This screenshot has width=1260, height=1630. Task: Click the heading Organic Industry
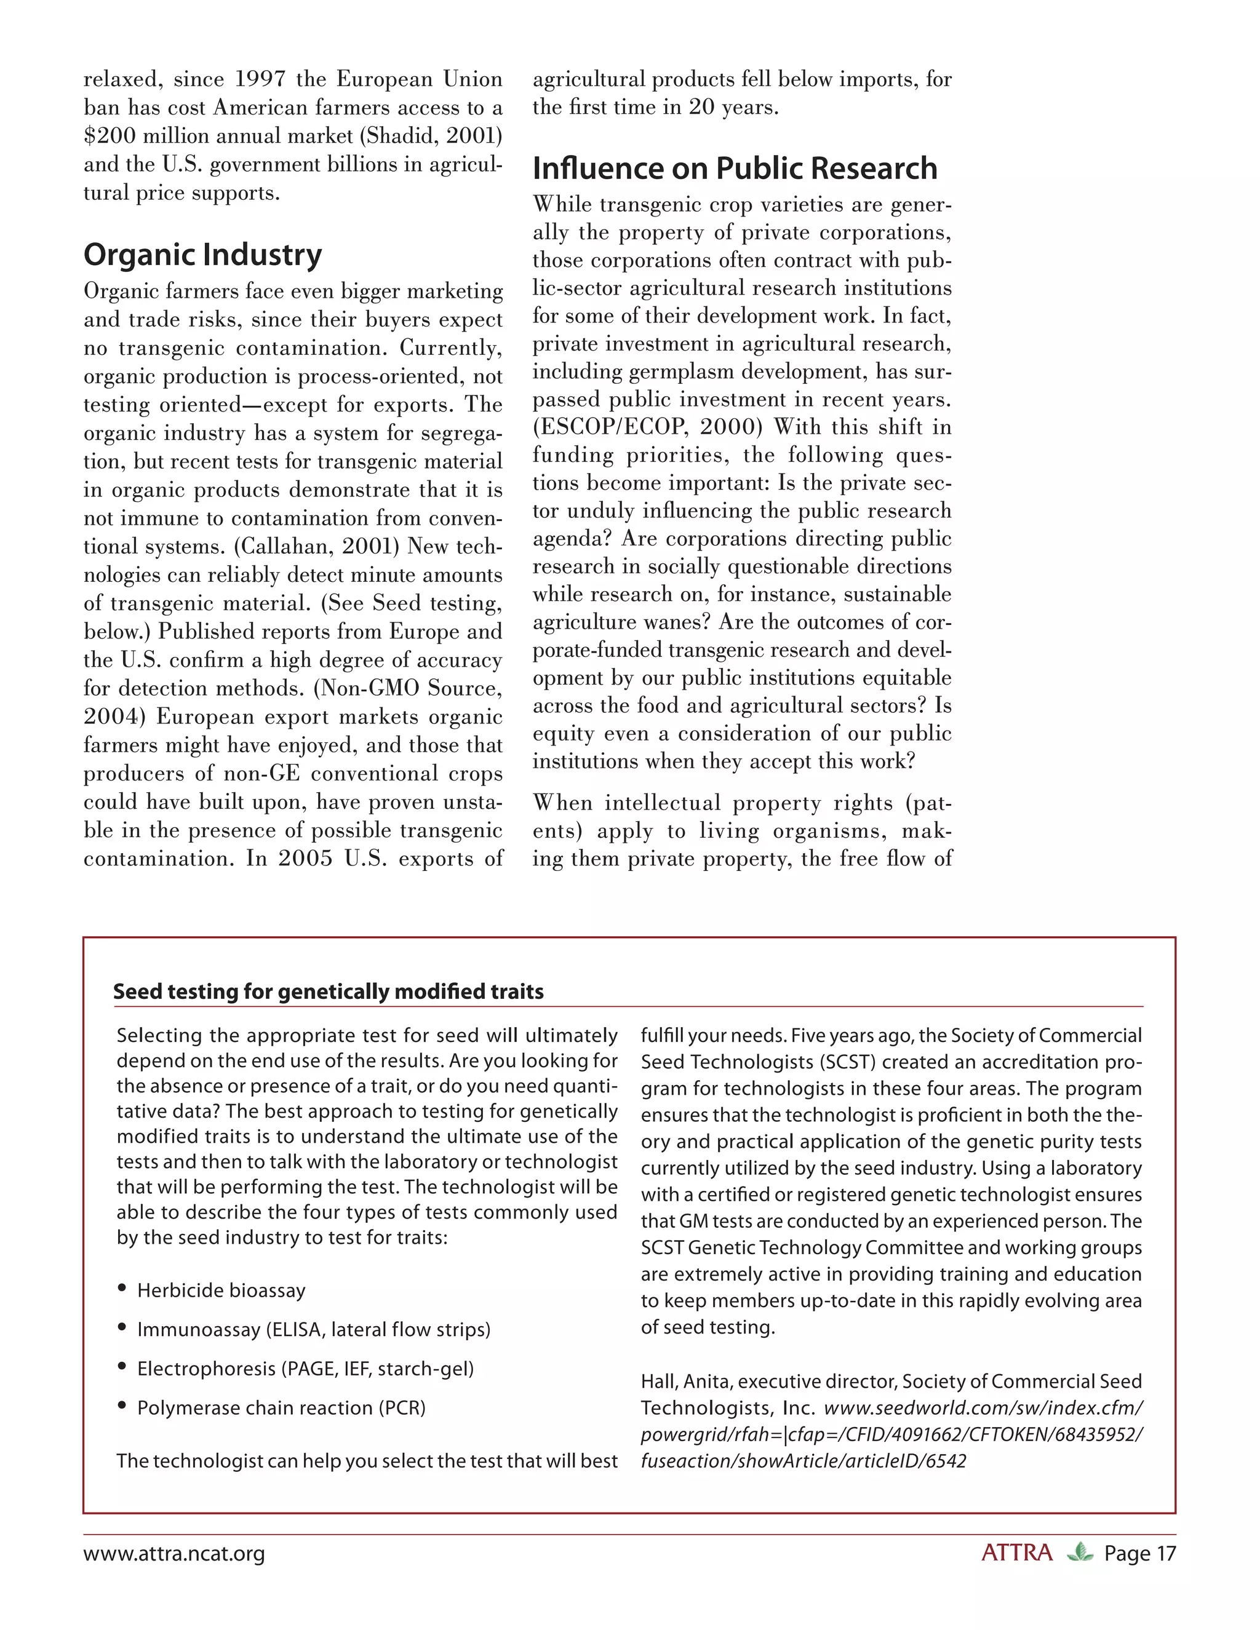[202, 255]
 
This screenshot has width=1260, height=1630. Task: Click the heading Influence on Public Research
[735, 168]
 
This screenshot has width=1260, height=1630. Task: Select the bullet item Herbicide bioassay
[221, 1290]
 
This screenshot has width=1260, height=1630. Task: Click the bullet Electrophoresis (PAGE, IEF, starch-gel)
[305, 1368]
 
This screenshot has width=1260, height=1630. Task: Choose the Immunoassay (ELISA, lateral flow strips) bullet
[314, 1329]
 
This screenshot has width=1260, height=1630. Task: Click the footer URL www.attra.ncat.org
[174, 1554]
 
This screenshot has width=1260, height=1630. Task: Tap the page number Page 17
[1140, 1554]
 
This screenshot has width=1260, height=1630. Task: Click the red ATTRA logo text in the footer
[1016, 1553]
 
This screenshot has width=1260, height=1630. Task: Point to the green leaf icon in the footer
[1079, 1553]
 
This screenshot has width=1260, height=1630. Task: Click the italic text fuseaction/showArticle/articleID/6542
[803, 1461]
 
